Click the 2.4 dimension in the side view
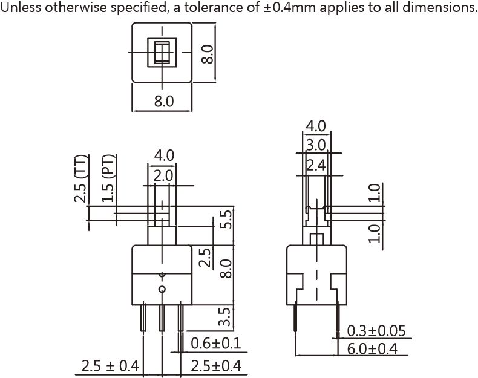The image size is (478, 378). [316, 165]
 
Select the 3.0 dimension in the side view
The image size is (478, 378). [316, 145]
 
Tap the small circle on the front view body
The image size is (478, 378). [162, 290]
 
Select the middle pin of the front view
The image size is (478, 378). [162, 318]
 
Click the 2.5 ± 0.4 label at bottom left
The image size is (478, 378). [110, 366]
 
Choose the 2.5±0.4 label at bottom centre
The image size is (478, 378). [215, 366]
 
